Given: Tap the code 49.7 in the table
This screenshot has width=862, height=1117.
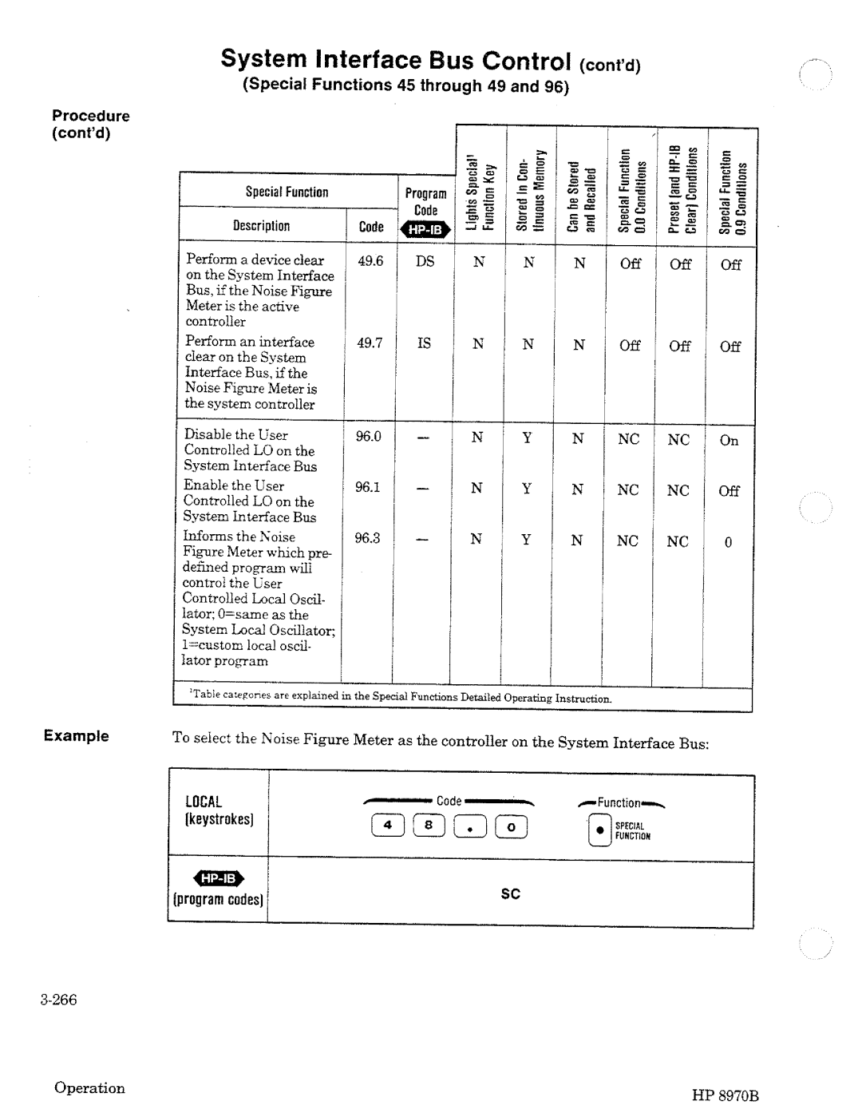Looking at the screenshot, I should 370,343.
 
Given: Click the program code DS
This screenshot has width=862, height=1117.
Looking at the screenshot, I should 425,261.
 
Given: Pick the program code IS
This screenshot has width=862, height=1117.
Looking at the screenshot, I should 424,343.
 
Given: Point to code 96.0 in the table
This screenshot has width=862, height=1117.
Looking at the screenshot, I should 369,437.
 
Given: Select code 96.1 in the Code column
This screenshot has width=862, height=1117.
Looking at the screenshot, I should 368,487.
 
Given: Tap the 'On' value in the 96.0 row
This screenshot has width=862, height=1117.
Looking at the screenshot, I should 729,441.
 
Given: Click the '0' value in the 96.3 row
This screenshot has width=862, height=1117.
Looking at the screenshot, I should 728,543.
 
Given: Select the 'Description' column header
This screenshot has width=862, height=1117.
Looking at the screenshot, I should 262,226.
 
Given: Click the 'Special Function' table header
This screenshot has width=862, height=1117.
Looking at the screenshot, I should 287,192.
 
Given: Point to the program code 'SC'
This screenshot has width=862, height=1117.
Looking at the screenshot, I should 511,894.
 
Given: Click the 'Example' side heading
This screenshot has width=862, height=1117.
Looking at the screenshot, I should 77,735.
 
